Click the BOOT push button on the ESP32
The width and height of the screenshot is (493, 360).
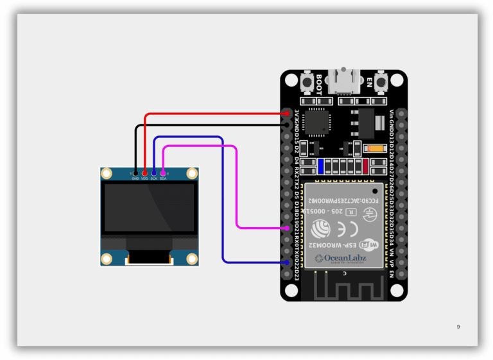pyautogui.click(x=306, y=83)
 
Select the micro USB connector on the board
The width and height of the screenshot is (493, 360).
pyautogui.click(x=344, y=80)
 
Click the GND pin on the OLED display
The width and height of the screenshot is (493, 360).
pyautogui.click(x=135, y=173)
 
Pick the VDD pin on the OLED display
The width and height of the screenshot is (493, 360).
pyautogui.click(x=144, y=173)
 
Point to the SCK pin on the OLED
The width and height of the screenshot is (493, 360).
pyautogui.click(x=154, y=173)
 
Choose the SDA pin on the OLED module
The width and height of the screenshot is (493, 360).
pyautogui.click(x=163, y=173)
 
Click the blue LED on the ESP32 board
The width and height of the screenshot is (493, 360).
pyautogui.click(x=321, y=166)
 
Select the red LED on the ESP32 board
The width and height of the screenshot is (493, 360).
pyautogui.click(x=365, y=166)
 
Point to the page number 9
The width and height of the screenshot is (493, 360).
pyautogui.click(x=458, y=327)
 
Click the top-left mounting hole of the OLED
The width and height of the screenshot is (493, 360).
pyautogui.click(x=107, y=173)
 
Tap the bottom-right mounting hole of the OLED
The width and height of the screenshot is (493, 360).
pyautogui.click(x=191, y=259)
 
